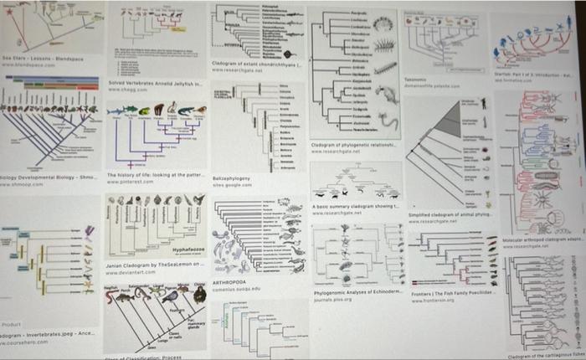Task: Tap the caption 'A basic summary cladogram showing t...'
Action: tap(356, 205)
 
